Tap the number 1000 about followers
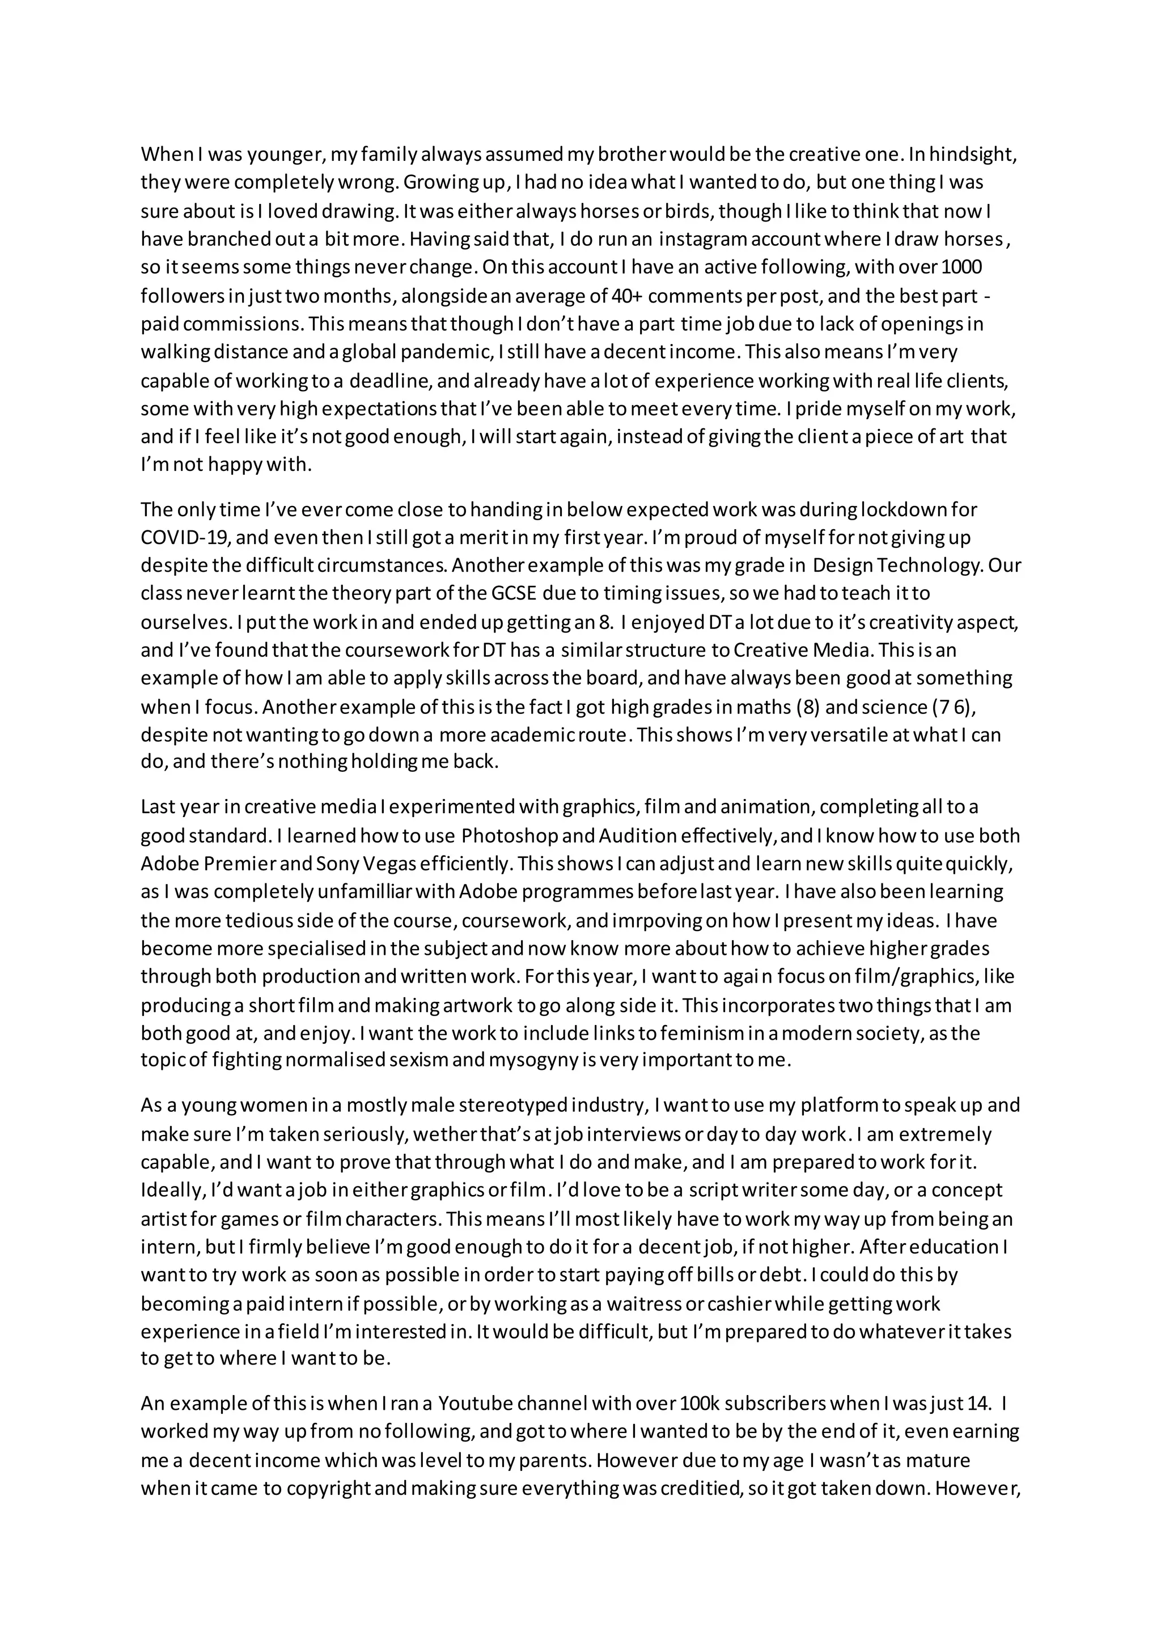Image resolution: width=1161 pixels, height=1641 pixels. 962,267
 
